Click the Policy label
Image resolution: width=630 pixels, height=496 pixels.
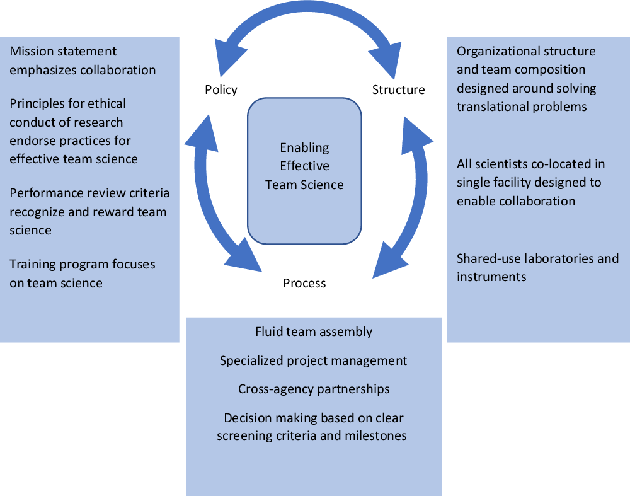click(x=221, y=89)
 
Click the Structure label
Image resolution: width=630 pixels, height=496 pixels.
click(x=398, y=89)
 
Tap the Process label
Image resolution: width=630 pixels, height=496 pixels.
click(x=304, y=283)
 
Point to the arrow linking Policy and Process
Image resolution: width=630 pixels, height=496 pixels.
click(x=210, y=189)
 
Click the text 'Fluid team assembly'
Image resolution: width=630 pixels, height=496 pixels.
click(x=314, y=332)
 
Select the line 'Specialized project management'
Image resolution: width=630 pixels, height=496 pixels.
click(x=313, y=360)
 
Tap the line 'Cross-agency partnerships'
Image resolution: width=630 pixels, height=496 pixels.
click(x=314, y=389)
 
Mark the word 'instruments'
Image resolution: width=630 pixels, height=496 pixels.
click(x=491, y=276)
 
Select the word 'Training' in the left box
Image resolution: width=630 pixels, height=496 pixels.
click(x=33, y=264)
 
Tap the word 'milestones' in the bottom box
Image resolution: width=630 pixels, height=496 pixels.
click(x=375, y=435)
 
